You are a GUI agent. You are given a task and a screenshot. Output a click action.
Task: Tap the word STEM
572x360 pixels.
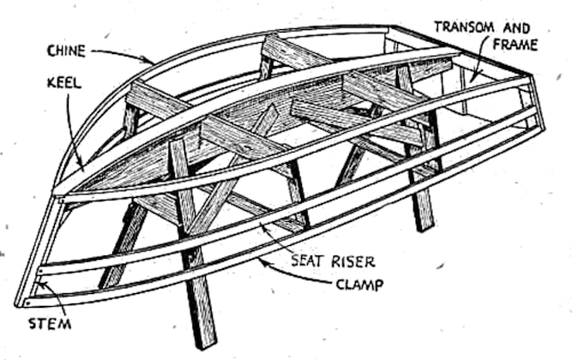click(x=46, y=325)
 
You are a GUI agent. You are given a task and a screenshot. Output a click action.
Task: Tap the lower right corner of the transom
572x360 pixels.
click(x=541, y=128)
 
